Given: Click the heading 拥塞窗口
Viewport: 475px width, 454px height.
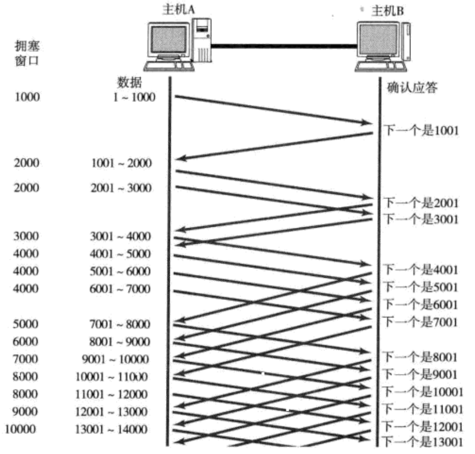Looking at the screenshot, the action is pyautogui.click(x=26, y=52).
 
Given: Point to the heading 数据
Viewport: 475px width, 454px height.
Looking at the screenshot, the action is pyautogui.click(x=128, y=83).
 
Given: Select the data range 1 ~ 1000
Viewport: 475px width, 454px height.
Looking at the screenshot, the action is pyautogui.click(x=133, y=98).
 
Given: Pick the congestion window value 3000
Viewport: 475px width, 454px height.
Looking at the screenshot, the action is pyautogui.click(x=26, y=236).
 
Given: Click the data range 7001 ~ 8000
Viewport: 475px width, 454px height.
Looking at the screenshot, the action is pyautogui.click(x=120, y=324).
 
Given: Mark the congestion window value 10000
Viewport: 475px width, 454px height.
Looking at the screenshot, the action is pyautogui.click(x=22, y=429).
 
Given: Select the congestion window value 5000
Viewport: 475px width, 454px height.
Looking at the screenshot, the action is pyautogui.click(x=26, y=324).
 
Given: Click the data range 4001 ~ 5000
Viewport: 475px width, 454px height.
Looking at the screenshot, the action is pyautogui.click(x=120, y=253).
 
